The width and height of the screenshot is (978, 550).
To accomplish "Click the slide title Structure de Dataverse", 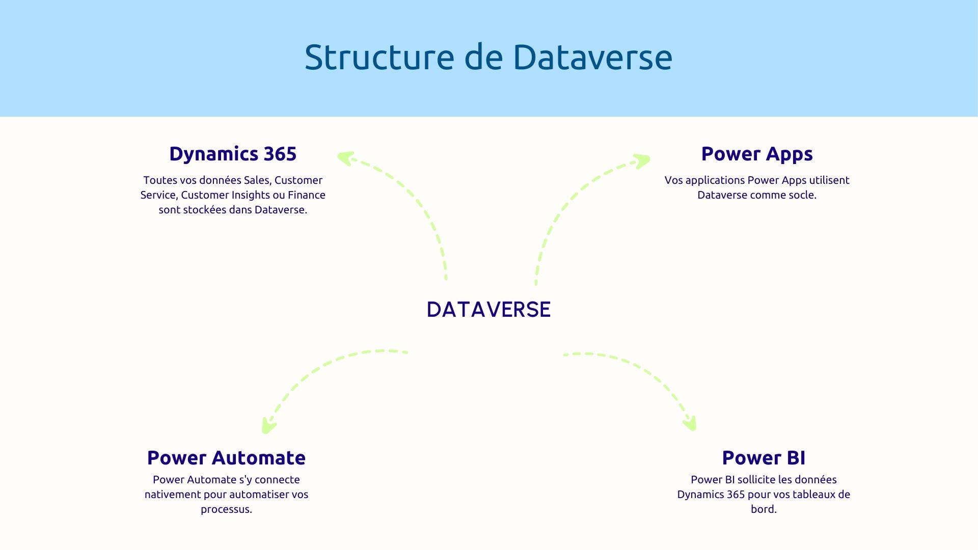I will coord(488,57).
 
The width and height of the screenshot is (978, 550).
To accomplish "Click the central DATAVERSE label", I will coord(488,309).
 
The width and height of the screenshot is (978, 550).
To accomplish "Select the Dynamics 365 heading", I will coord(233,154).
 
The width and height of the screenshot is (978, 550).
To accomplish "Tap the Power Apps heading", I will coord(757,154).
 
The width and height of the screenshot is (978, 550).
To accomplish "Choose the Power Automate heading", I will coord(226,458).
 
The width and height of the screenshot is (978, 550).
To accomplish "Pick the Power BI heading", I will coord(764,458).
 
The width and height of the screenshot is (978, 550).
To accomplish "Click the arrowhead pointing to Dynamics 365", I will coord(345,158).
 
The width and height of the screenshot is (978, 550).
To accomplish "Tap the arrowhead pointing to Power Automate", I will coord(267,426).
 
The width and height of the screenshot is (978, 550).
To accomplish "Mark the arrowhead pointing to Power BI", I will coord(690,423).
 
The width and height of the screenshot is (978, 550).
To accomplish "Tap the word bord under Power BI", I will coord(763,509).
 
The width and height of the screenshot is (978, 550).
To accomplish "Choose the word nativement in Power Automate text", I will coord(172,494).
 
